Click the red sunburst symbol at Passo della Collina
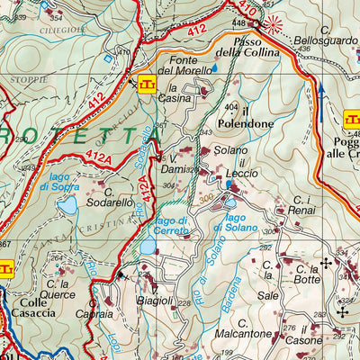pyautogui.click(x=275, y=25)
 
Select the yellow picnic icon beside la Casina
pyautogui.click(x=147, y=85)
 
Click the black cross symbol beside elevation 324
pyautogui.click(x=341, y=311)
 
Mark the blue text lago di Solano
pyautogui.click(x=229, y=223)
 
